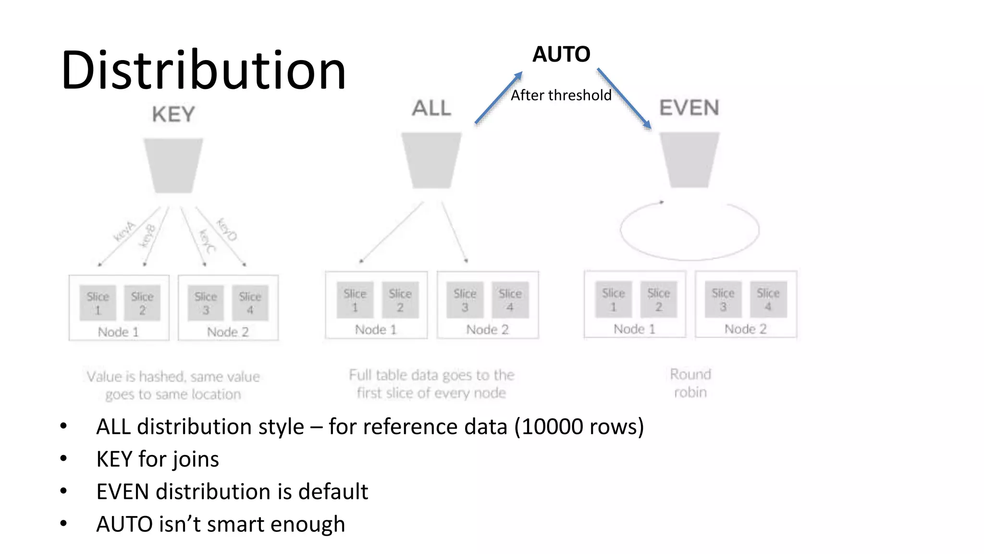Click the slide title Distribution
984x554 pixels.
point(203,70)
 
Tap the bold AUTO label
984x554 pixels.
point(561,54)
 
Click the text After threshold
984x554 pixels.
point(561,95)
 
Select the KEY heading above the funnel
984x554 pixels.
point(173,114)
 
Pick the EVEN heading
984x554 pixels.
point(689,108)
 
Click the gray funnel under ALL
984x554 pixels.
point(431,160)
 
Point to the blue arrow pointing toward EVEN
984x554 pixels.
point(624,99)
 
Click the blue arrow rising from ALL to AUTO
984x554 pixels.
point(498,98)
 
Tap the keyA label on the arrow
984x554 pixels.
point(124,231)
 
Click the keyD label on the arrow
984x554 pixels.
point(226,229)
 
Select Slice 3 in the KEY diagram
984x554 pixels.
point(206,303)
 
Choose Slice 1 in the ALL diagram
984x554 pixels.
point(355,300)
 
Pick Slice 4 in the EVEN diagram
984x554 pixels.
point(768,299)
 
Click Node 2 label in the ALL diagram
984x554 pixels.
point(487,329)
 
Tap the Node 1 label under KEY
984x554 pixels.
point(118,332)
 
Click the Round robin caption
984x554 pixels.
point(690,383)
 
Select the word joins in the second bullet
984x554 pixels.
point(197,459)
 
